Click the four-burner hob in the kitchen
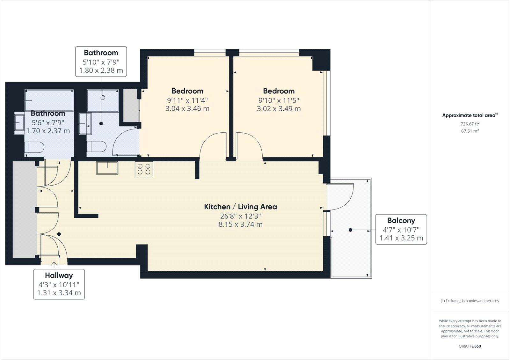[x=144, y=169]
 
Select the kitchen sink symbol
[x=107, y=168]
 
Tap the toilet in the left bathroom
[x=34, y=148]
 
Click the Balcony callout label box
[x=401, y=229]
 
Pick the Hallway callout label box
[x=59, y=284]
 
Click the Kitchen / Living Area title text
[x=240, y=207]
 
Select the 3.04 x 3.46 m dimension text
[x=187, y=108]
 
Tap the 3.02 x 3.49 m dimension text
[x=279, y=108]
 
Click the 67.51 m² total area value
[x=470, y=131]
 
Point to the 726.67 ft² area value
[x=470, y=124]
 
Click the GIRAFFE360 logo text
[x=470, y=346]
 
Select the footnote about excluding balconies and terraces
[x=470, y=301]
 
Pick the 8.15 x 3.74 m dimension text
[x=240, y=224]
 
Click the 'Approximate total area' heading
[x=470, y=115]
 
